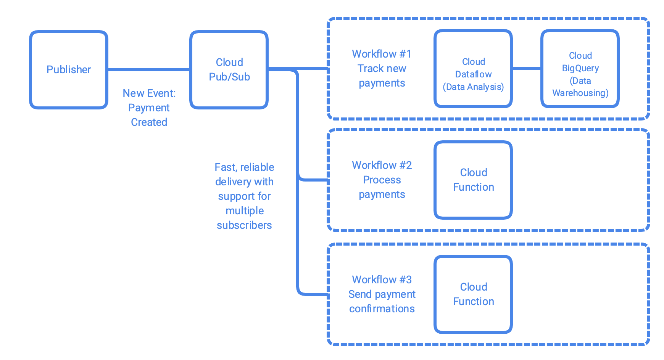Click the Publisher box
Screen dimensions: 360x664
[69, 70]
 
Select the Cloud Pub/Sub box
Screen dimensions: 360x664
[229, 70]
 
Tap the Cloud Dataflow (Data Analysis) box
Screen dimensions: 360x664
[473, 69]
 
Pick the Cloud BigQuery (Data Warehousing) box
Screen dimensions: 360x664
[580, 69]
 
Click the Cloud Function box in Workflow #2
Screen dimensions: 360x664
[473, 180]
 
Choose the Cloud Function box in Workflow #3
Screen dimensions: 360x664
[473, 294]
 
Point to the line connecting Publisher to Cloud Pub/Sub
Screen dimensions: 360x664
[149, 70]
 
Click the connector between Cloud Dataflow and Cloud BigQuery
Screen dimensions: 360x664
[527, 69]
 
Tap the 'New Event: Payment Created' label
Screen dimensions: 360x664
[149, 108]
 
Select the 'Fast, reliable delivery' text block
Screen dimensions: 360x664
[244, 196]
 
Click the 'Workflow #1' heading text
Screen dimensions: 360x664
[382, 54]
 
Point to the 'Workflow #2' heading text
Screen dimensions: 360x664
[382, 165]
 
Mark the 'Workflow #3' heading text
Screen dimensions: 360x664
[382, 280]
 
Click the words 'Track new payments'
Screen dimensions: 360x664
[382, 76]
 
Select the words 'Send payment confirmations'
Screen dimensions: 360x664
[382, 301]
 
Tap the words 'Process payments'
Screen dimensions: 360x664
[382, 187]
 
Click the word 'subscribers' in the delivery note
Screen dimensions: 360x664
[244, 225]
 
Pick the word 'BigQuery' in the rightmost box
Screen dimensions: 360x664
[580, 68]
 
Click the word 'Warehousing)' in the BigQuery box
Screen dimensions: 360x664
[580, 93]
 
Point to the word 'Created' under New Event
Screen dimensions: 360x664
[149, 122]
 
